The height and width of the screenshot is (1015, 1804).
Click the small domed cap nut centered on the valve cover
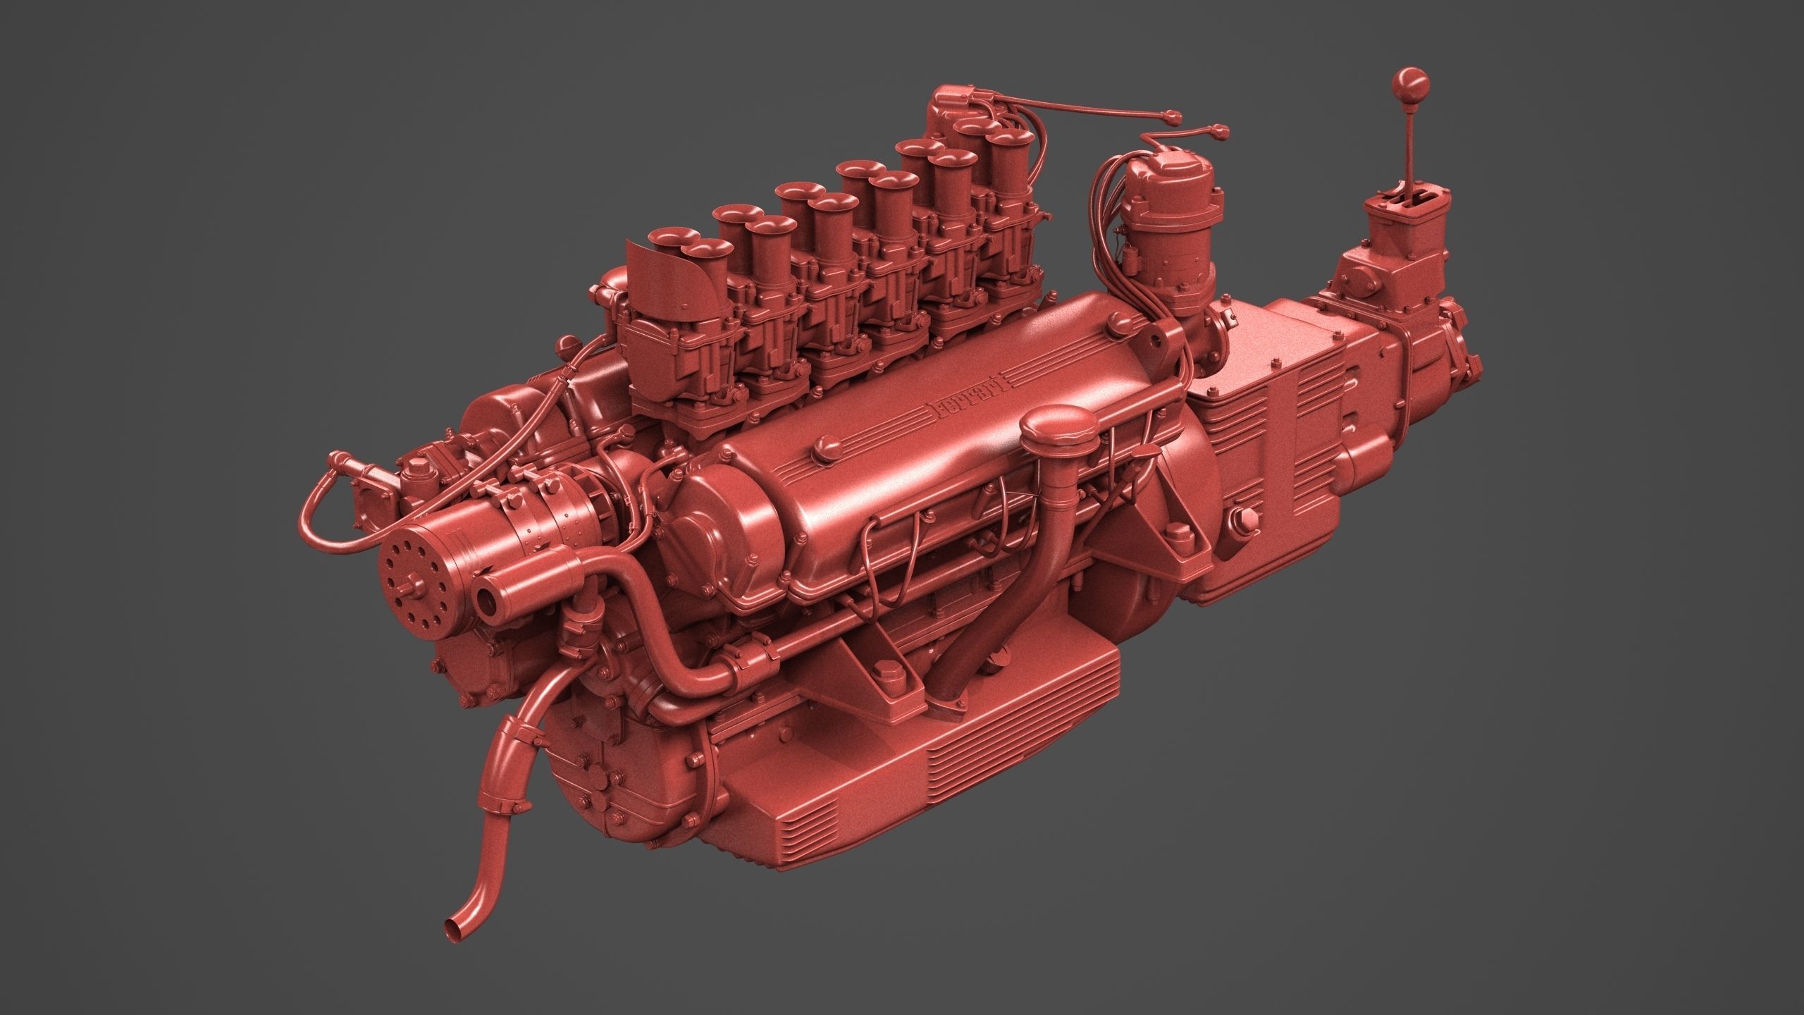pos(829,447)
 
